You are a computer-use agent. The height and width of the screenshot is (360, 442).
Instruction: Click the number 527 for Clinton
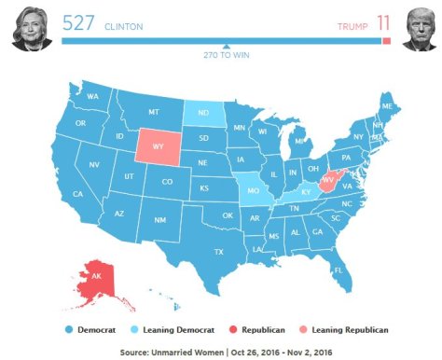point(78,23)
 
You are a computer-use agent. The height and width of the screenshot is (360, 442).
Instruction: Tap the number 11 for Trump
point(383,23)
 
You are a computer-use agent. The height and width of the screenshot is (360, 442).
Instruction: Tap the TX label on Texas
point(218,252)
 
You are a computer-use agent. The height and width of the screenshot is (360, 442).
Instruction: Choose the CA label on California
point(77,194)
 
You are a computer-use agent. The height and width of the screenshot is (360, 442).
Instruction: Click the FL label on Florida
point(338,270)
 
